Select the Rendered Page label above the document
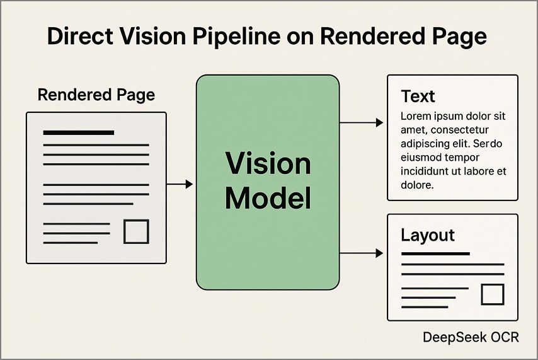click(96, 95)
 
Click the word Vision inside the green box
click(268, 165)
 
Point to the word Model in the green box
click(268, 199)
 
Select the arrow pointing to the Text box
click(362, 122)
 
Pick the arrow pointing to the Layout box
click(362, 253)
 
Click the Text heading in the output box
click(418, 96)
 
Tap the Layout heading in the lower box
click(427, 236)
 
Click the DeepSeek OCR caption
click(471, 338)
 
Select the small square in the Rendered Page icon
click(135, 231)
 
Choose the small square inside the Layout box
click(493, 294)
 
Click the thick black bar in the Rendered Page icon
click(78, 132)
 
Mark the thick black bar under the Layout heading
click(435, 253)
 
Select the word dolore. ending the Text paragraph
click(417, 185)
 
